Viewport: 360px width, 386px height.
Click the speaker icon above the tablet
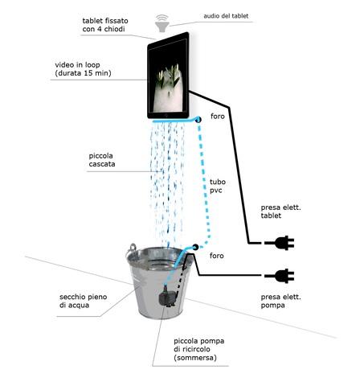pos(162,23)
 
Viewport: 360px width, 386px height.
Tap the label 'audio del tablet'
pos(226,16)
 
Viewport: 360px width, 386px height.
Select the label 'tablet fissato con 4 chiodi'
pos(105,25)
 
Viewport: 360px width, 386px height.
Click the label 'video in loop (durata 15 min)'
pos(83,69)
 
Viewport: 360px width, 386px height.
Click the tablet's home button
pos(166,115)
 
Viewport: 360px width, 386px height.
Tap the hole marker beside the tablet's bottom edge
pos(198,120)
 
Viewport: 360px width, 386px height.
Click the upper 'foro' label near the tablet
pos(218,117)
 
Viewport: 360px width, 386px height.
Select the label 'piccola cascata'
pos(102,160)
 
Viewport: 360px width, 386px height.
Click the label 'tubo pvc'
pos(217,186)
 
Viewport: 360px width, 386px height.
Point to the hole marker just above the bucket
pos(195,247)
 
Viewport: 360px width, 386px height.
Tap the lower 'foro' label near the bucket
pos(217,256)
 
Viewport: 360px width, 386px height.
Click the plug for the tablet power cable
pos(280,243)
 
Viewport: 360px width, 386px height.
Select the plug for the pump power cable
pos(280,276)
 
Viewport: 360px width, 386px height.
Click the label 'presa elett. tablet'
pos(280,211)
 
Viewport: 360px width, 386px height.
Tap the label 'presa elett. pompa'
pos(280,301)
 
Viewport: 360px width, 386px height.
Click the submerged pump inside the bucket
pos(166,297)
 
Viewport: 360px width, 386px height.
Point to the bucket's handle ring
pos(133,248)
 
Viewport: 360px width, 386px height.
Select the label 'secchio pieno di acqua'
pos(83,301)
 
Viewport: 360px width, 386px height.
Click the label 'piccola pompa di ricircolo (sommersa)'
pos(198,349)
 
